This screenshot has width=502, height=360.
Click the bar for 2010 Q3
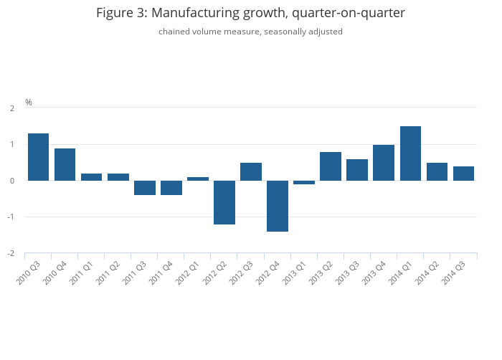tap(39, 157)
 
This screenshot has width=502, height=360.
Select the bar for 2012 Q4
tap(278, 206)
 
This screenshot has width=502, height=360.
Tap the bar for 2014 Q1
tap(410, 153)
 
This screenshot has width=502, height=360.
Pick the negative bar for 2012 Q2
tap(224, 202)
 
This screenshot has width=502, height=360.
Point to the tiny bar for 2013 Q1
tap(304, 182)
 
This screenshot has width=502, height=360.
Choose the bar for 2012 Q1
tap(198, 179)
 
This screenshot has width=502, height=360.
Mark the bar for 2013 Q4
tap(384, 163)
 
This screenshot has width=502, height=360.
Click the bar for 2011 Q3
tap(145, 188)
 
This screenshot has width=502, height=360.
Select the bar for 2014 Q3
tap(463, 174)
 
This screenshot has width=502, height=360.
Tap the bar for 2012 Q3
tap(251, 171)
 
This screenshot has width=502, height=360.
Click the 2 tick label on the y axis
tap(12, 108)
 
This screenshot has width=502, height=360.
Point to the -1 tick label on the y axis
tap(11, 217)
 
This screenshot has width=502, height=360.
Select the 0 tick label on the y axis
tap(12, 181)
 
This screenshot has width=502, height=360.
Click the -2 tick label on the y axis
tap(11, 253)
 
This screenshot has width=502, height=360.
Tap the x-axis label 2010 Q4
tap(55, 273)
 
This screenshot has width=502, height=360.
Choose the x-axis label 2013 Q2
tap(321, 273)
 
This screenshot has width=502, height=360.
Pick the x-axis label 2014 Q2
tap(427, 273)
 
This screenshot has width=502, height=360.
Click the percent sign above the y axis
tap(29, 102)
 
